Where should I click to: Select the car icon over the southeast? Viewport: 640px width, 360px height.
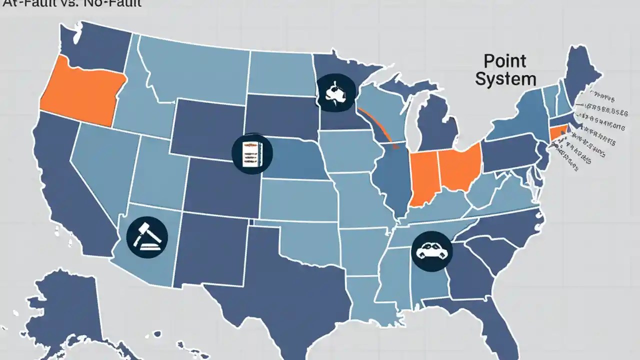click(x=431, y=251)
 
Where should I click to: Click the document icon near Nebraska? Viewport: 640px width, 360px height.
click(x=252, y=153)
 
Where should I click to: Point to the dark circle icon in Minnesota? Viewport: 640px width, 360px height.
click(x=335, y=92)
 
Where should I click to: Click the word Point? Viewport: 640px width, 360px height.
click(x=505, y=61)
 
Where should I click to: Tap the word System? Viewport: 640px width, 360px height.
click(x=505, y=78)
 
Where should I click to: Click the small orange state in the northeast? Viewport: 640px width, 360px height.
click(x=556, y=133)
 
